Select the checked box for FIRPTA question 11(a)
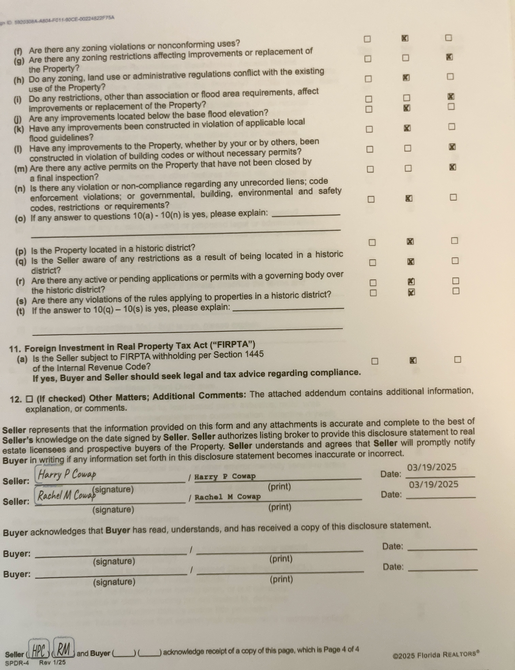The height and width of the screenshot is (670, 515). [413, 360]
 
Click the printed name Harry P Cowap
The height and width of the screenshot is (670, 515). [225, 476]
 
